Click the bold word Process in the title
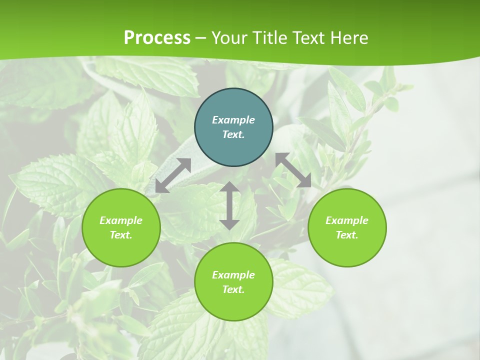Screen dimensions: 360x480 click(x=157, y=37)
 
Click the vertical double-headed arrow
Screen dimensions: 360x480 click(x=229, y=205)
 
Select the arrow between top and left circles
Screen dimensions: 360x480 click(x=173, y=175)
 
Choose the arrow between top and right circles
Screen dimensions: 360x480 click(x=293, y=170)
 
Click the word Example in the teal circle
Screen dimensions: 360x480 click(x=233, y=120)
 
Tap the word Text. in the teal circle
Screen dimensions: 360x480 click(x=233, y=134)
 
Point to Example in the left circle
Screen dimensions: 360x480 click(x=121, y=220)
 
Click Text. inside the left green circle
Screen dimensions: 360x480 click(x=121, y=235)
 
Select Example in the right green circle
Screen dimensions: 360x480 click(x=347, y=220)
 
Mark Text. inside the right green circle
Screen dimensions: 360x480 click(x=347, y=235)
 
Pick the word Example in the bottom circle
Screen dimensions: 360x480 click(x=233, y=275)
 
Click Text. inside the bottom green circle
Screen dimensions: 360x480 click(x=233, y=289)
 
